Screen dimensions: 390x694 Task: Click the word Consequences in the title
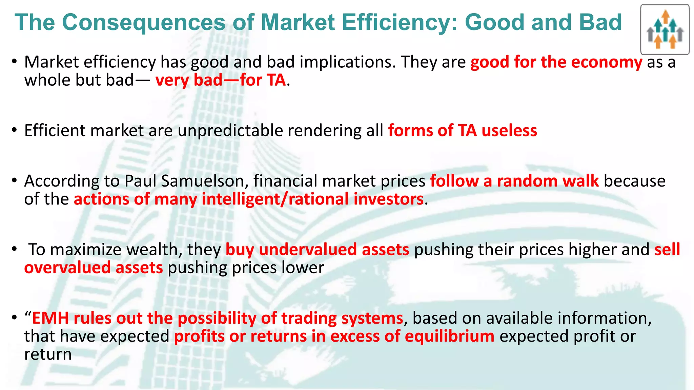coord(144,22)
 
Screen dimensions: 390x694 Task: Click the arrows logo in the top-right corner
coord(665,30)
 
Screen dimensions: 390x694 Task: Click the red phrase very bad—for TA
coord(221,81)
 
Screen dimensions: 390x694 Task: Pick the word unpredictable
coord(230,131)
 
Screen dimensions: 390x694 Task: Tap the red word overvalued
coord(67,268)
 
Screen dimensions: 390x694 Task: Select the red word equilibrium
coord(449,337)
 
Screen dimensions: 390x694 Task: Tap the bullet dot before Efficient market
coord(14,130)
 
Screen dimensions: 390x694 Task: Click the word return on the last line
coord(48,354)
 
